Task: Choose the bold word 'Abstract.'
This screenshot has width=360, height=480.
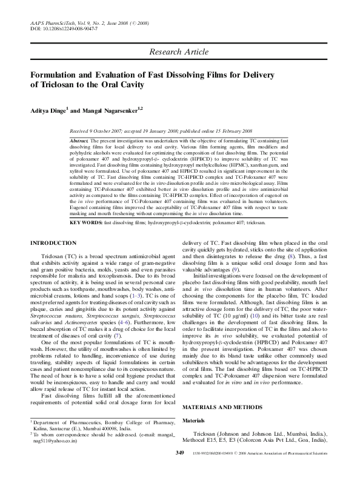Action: coord(80,140)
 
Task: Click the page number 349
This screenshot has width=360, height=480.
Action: coord(180,470)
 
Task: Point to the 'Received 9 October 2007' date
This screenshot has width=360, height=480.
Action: coord(101,130)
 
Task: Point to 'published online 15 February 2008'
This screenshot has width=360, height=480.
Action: coord(215,130)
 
